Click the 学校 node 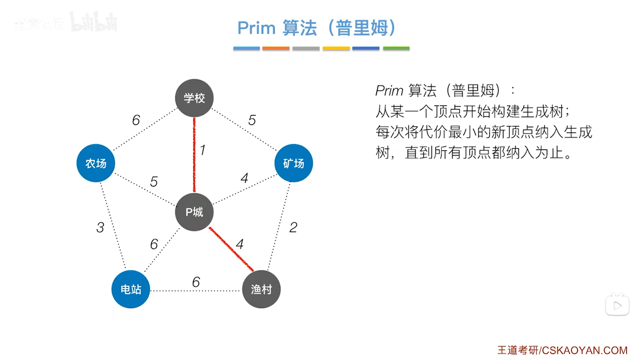(194, 98)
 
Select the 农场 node (96, 163)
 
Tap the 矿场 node (294, 163)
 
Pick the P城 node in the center (194, 212)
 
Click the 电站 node (131, 289)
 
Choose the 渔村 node (261, 289)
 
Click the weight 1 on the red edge (203, 150)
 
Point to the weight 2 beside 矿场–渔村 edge (293, 227)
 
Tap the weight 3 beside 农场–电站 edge (100, 227)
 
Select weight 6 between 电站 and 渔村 (196, 282)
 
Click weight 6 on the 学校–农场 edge (136, 120)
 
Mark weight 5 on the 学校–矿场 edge (252, 120)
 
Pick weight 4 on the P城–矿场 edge (244, 178)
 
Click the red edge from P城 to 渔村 (231, 249)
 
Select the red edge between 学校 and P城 (194, 155)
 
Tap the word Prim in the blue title (256, 28)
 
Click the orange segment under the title (276, 49)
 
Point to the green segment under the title (396, 49)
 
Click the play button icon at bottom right (617, 306)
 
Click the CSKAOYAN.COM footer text (584, 350)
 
